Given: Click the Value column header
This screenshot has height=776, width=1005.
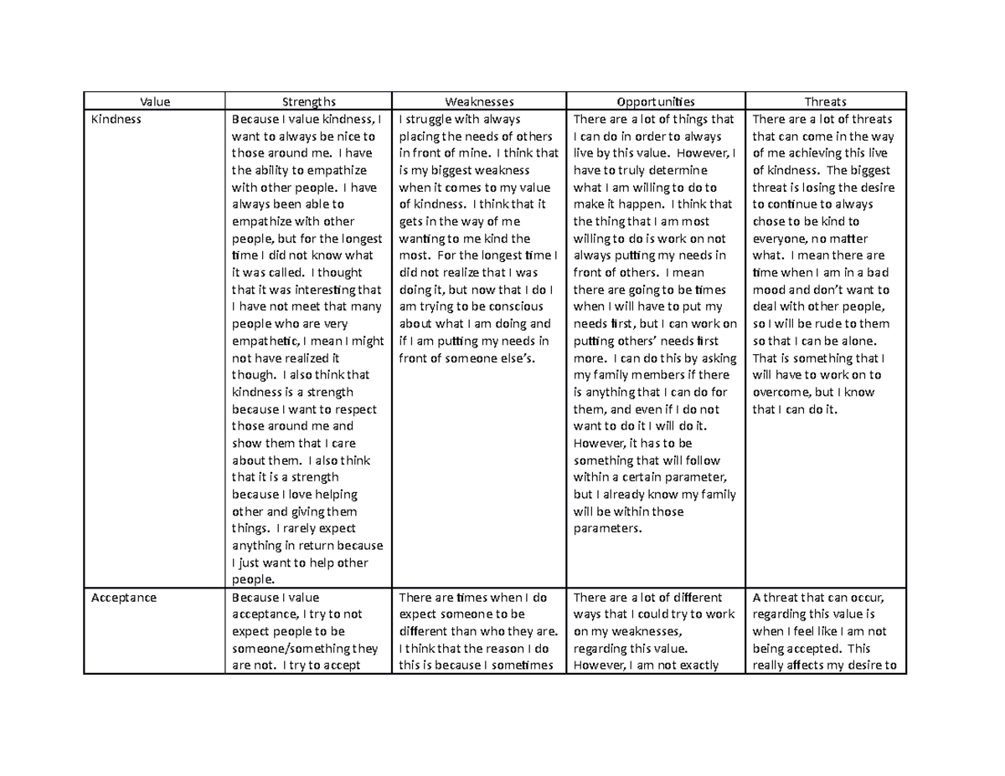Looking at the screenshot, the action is click(x=154, y=101).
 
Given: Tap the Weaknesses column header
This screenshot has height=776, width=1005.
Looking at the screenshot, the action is click(x=480, y=101).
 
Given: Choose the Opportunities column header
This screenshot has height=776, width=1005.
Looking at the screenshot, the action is click(x=656, y=101).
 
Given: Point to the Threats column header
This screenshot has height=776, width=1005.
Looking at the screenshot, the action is click(x=825, y=101).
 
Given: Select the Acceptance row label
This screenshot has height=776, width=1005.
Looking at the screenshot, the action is click(x=121, y=598).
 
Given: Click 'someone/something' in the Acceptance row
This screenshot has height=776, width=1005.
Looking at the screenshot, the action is click(x=281, y=648).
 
